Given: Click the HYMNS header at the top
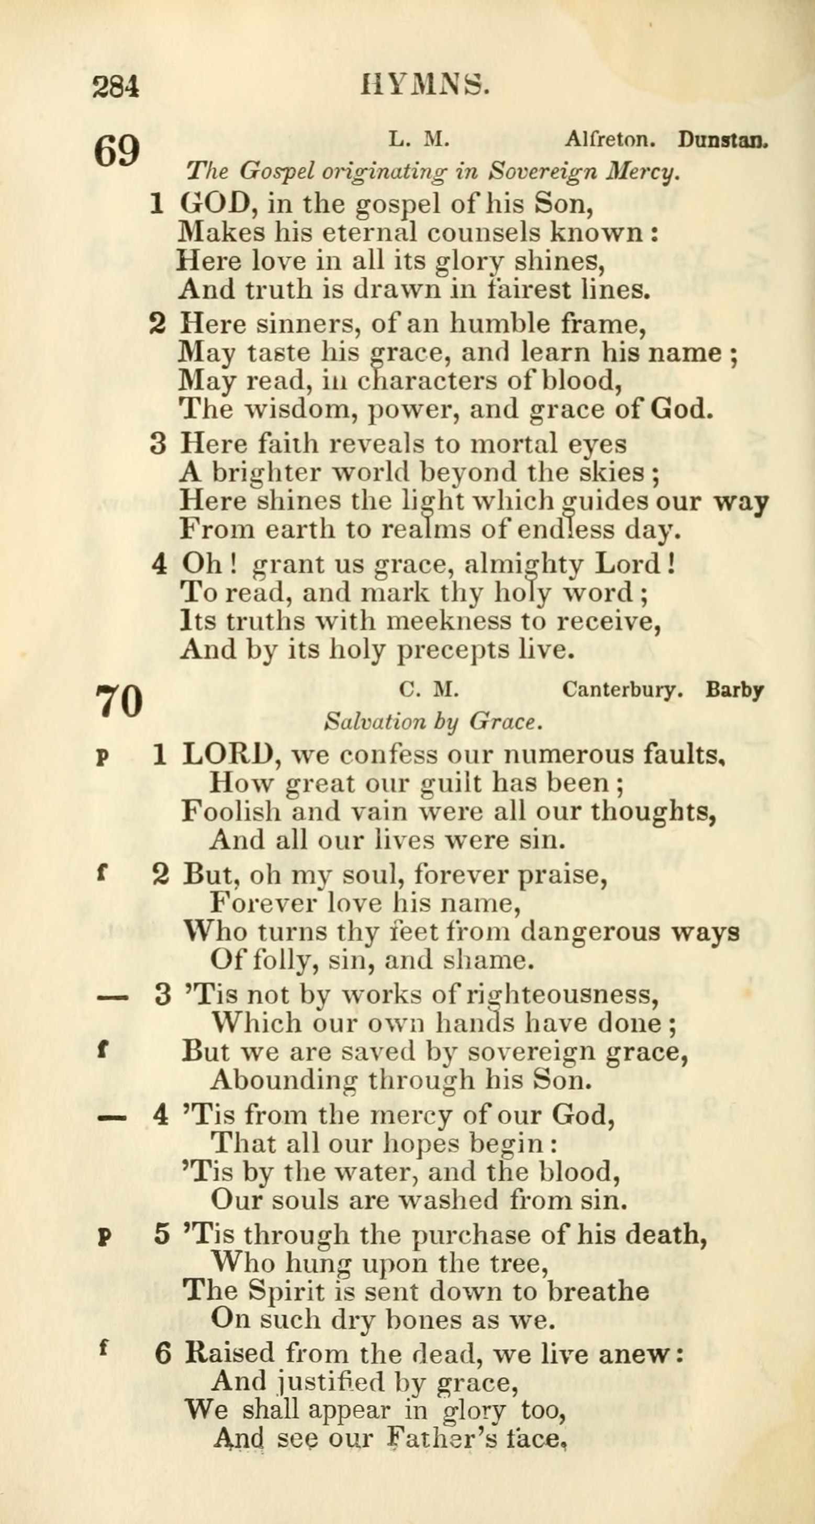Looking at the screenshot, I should [425, 85].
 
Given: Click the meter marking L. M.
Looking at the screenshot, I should [418, 139].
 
